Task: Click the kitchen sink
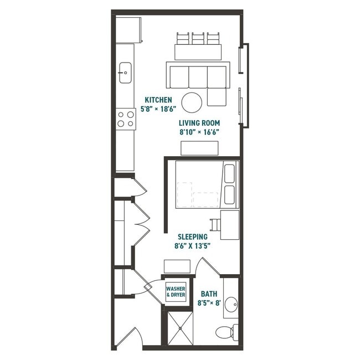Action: pos(125,73)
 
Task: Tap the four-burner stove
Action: pos(126,119)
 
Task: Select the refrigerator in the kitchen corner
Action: pos(128,30)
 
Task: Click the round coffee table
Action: pos(192,102)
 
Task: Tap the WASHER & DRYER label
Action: pos(176,291)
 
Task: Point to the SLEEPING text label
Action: pos(192,236)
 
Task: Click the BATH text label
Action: pos(209,294)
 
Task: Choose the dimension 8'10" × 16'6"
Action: pos(199,132)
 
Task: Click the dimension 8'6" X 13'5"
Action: pos(193,245)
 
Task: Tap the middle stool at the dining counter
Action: pos(198,39)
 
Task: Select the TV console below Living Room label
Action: pos(199,148)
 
